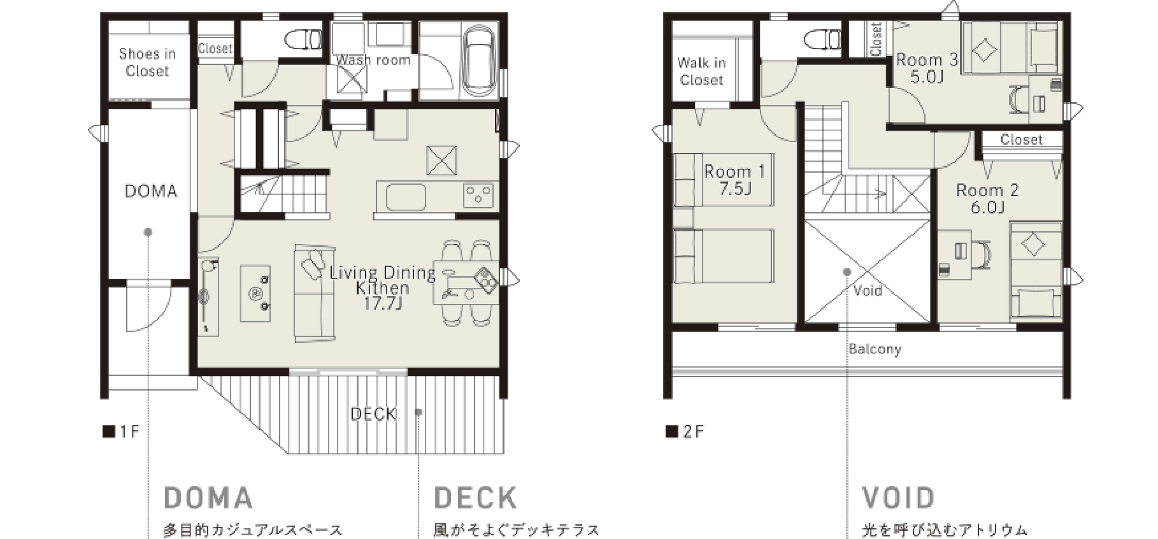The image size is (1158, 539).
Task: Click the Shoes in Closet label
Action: coord(147,62)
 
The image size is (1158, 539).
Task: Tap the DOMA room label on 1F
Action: coord(151,191)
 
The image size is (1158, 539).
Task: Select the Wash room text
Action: coord(373,61)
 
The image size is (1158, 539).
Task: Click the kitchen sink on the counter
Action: coord(405,197)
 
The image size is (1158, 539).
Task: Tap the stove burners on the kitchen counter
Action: coord(478,195)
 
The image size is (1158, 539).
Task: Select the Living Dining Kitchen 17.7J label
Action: coord(382,288)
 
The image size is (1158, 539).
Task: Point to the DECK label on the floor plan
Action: coord(373,414)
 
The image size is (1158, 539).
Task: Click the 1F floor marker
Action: coord(121,432)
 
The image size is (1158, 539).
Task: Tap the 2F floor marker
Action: coord(685,432)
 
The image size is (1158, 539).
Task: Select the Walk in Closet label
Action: coord(701,71)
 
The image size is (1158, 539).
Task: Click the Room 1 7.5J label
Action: coord(734,180)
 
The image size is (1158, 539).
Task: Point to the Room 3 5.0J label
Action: coord(927,68)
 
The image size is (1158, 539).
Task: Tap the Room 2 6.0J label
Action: coord(987,198)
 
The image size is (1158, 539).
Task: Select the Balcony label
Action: coord(875,349)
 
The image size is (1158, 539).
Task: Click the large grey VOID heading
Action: coord(898,498)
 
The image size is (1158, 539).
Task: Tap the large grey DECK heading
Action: coord(475,498)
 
